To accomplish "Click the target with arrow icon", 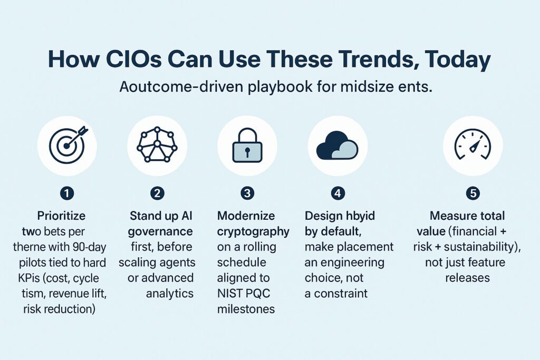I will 67,145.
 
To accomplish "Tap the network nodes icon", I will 157,145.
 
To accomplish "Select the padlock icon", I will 247,146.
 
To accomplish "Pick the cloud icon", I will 337,145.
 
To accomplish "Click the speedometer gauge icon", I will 473,145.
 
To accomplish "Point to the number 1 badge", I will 67,194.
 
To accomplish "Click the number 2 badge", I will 157,194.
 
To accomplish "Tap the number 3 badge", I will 247,194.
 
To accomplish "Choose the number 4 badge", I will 337,194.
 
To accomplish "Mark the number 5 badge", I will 473,194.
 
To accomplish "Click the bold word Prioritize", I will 61,216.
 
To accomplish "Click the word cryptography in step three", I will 253,231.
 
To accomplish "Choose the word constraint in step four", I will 335,293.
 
